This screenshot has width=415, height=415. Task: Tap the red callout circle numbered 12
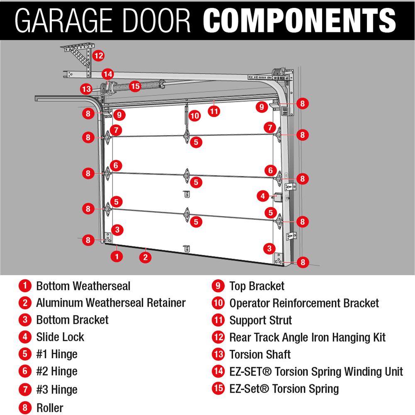pos(98,55)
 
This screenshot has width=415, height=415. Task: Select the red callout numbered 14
pos(107,74)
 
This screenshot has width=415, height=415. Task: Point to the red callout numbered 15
pos(135,86)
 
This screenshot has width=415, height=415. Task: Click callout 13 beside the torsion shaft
pos(86,89)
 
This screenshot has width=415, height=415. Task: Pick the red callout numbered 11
pos(214,111)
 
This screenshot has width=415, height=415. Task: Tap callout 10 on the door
pos(195,116)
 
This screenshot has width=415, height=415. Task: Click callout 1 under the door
pos(117,256)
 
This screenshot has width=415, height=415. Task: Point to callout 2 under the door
pos(145,257)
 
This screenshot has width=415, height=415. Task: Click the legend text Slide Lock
pos(60,337)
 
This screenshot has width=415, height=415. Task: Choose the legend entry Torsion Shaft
pos(260,354)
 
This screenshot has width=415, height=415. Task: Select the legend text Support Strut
pos(261,320)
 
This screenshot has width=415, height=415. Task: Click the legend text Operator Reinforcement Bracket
pos(304,303)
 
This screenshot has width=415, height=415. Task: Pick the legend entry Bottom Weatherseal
pos(83,286)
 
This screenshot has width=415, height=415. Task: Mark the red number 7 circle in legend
pos(25,390)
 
